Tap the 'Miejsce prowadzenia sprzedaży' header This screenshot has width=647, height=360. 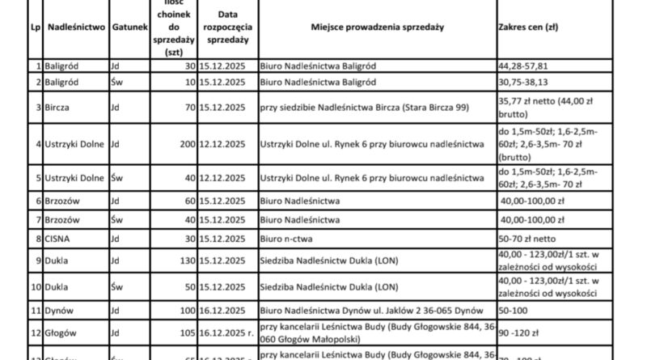[x=377, y=27]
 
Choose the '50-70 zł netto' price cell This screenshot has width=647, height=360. [x=526, y=239]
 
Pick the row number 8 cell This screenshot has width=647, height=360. [x=37, y=239]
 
